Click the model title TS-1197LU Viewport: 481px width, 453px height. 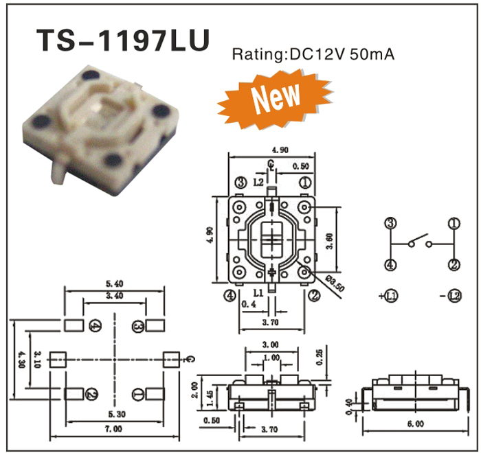tap(122, 40)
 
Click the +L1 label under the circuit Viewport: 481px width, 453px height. tap(390, 297)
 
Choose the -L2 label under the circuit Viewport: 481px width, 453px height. tap(450, 297)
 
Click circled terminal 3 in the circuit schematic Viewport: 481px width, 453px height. tap(390, 223)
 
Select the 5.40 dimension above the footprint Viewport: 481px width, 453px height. tap(113, 282)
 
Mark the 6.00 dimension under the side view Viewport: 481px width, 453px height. tap(414, 424)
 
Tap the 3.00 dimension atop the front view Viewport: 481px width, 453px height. tap(271, 344)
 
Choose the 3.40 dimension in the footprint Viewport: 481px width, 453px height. tap(115, 296)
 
